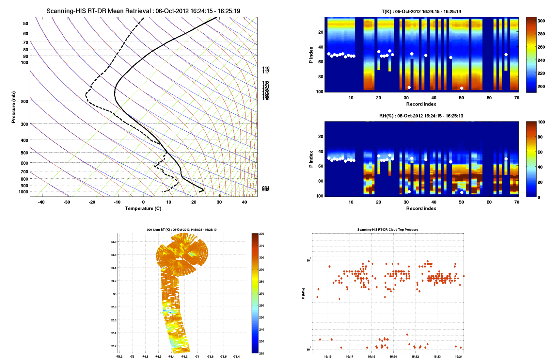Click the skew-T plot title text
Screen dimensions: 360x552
click(143, 11)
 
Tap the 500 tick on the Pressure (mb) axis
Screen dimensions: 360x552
click(24, 153)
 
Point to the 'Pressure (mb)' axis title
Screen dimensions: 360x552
click(13, 107)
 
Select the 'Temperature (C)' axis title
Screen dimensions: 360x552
click(143, 208)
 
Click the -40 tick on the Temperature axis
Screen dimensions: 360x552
click(41, 202)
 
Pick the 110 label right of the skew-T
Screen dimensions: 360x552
click(266, 68)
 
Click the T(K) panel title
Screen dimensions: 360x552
click(421, 11)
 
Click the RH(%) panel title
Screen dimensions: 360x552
click(421, 116)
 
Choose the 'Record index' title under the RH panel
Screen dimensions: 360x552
click(421, 208)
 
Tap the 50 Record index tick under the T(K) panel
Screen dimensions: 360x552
click(461, 98)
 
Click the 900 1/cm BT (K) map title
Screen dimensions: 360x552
click(181, 230)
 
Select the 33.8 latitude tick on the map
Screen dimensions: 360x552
click(113, 242)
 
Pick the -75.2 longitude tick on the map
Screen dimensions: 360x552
click(119, 356)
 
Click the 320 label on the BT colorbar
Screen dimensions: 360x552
click(261, 234)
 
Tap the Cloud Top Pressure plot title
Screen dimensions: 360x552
click(387, 230)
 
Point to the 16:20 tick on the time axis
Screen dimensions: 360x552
click(393, 357)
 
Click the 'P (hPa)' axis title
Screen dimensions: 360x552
click(303, 293)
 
